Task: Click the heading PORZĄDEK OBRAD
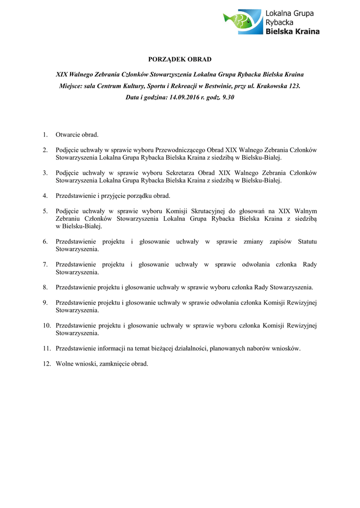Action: pos(180,60)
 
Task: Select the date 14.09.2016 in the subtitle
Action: pos(185,98)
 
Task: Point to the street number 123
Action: pos(294,86)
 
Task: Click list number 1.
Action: pos(45,134)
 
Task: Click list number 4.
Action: pos(45,195)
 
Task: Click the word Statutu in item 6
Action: pos(307,242)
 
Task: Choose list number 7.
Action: pos(45,264)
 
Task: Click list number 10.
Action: pos(47,325)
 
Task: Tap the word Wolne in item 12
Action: pos(65,364)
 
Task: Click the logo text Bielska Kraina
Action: pos(292,31)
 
